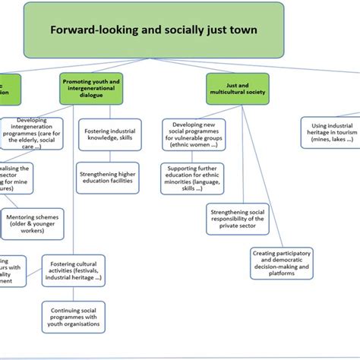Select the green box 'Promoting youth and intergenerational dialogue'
(90, 89)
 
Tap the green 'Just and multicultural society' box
(237, 89)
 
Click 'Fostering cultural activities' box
(73, 272)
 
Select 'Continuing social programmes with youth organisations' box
(74, 317)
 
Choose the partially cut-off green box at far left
(9, 89)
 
